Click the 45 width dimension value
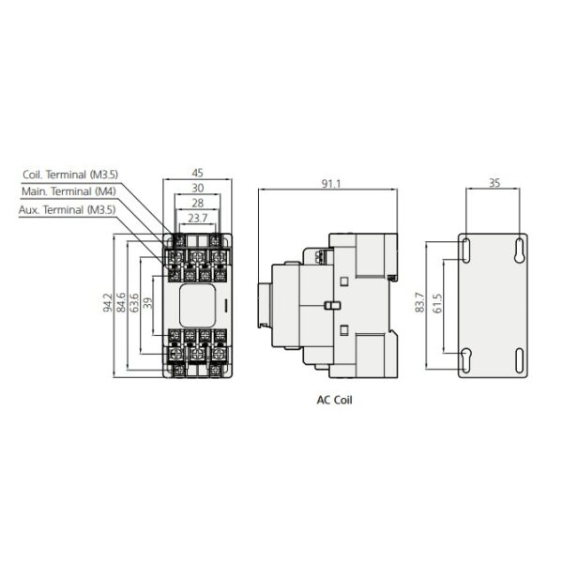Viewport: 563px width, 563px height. point(197,173)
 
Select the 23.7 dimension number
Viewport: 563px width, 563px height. point(197,218)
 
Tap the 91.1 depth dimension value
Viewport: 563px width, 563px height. point(330,184)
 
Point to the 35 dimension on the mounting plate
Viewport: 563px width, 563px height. point(495,183)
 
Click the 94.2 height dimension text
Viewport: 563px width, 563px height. point(108,302)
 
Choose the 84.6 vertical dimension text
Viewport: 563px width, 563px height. point(121,302)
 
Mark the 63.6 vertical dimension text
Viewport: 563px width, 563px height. point(134,303)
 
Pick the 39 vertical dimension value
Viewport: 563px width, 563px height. point(147,303)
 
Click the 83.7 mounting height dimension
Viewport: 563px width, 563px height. point(419,302)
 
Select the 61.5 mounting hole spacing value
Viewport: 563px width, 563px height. point(437,303)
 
